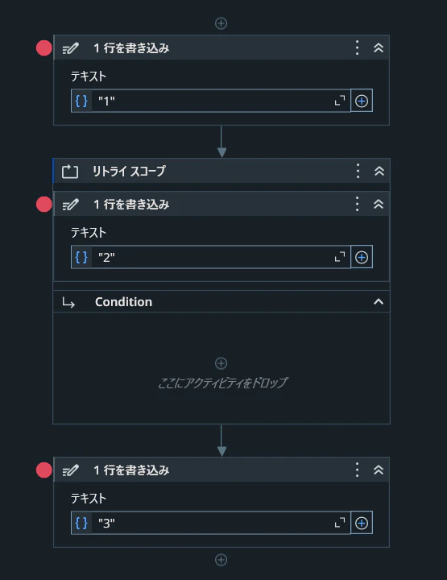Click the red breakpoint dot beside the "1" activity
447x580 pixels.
44,48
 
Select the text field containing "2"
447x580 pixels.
211,257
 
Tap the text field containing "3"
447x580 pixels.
211,523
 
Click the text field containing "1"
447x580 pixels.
211,101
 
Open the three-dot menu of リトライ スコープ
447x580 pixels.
358,171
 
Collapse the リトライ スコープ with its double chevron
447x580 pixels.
379,171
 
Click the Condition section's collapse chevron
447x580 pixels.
379,302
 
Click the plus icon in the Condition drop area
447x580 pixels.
221,363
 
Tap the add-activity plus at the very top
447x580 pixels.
221,23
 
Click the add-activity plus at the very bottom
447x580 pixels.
221,560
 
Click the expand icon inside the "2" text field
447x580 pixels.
339,257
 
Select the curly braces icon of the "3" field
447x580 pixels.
81,523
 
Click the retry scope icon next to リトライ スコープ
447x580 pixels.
70,172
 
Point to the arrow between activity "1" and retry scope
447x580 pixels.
221,142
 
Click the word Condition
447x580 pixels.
123,302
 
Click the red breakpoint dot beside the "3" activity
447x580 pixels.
44,470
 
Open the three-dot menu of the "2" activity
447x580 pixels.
357,204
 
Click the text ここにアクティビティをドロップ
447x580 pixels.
222,383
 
